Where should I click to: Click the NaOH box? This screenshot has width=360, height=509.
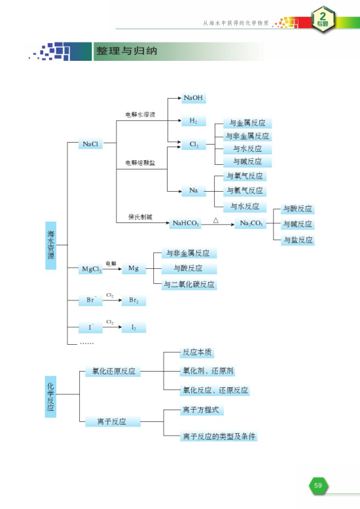(193, 98)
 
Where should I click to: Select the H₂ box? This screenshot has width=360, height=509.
(193, 121)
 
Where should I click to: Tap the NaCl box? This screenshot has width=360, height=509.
(92, 144)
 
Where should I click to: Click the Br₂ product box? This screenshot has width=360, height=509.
(134, 300)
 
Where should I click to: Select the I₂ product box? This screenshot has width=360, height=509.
(134, 326)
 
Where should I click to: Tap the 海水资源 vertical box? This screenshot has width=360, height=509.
(50, 245)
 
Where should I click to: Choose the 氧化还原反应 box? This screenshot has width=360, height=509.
(113, 371)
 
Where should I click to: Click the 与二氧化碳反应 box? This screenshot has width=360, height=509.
(189, 284)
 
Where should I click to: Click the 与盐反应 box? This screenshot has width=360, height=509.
(297, 240)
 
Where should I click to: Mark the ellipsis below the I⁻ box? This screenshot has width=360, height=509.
(86, 343)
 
